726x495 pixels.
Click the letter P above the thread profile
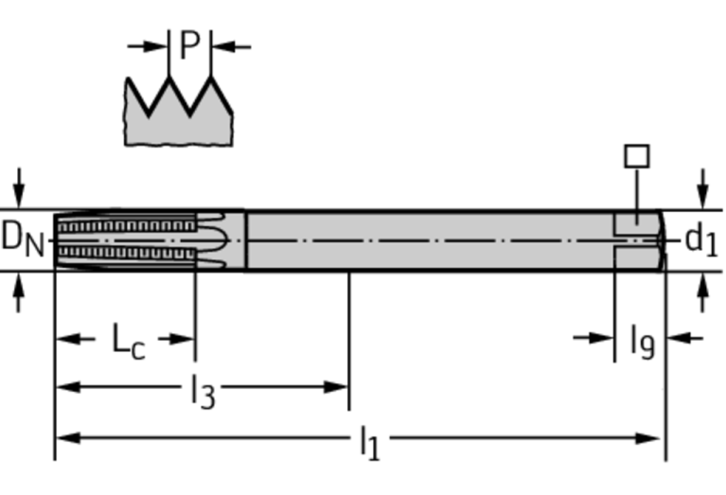pos(189,45)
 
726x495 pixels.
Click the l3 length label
pos(202,388)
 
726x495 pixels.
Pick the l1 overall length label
pos(369,440)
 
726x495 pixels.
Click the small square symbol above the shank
pos(637,156)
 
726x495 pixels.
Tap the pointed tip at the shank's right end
pos(664,239)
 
